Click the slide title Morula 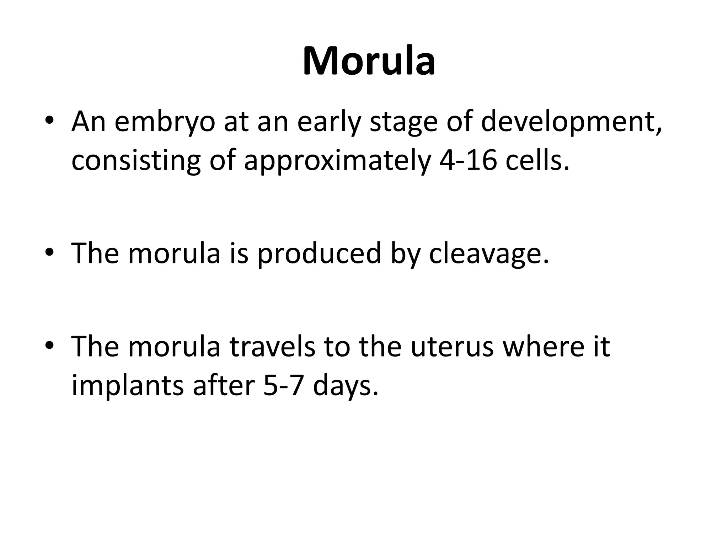pos(369,61)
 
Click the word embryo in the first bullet pos(165,123)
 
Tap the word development pos(571,123)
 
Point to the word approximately pos(337,161)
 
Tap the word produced pos(319,253)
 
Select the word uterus pos(453,347)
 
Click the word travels pos(272,347)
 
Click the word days pos(345,386)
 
